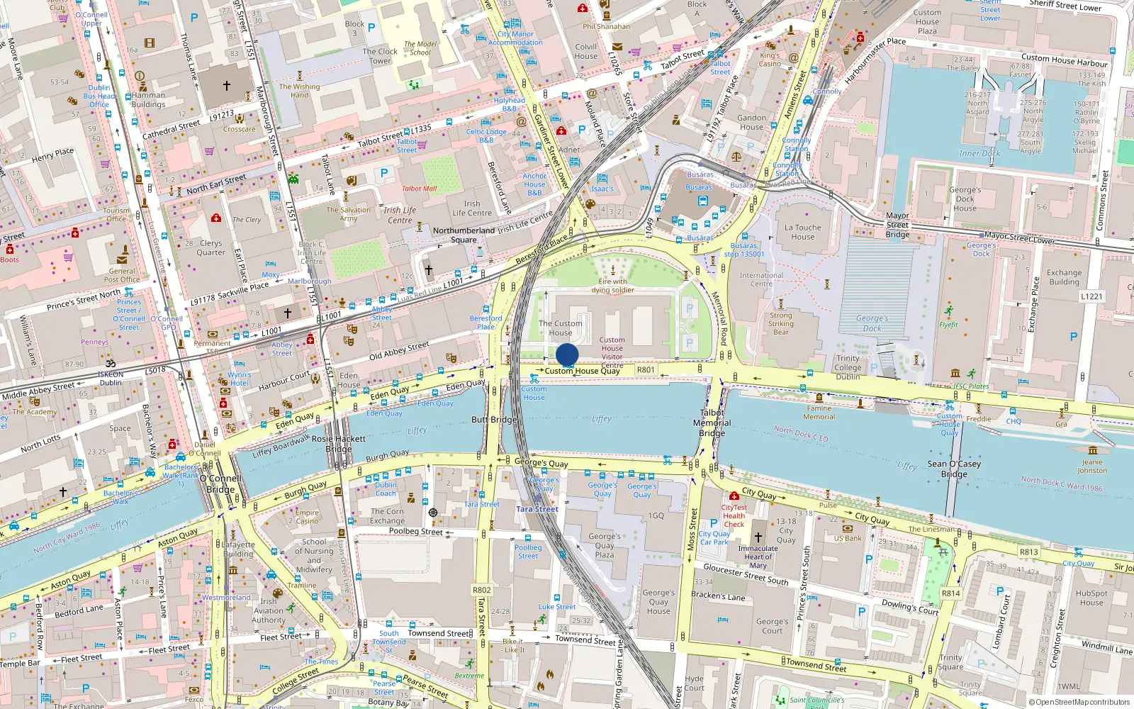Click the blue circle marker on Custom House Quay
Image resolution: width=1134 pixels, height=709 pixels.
[567, 354]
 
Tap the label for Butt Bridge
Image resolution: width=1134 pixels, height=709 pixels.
[494, 420]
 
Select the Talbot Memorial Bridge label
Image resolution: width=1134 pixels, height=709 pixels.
[712, 423]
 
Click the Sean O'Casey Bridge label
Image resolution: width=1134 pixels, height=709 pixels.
[954, 469]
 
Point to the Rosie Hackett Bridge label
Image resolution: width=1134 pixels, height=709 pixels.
[339, 444]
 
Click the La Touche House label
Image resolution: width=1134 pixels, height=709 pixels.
[802, 233]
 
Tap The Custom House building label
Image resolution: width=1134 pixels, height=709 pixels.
[560, 328]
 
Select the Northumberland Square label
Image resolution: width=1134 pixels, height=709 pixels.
[464, 235]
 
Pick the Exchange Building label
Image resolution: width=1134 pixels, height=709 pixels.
[1064, 277]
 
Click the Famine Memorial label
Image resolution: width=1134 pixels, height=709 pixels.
[819, 413]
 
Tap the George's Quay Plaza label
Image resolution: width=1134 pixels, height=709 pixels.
[604, 545]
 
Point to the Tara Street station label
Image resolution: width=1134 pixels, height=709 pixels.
[537, 509]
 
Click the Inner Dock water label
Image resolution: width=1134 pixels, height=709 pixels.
[979, 154]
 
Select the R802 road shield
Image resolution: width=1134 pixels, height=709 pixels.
[481, 590]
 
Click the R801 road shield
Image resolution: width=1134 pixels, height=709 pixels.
[646, 369]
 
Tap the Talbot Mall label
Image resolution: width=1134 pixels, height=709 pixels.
[419, 189]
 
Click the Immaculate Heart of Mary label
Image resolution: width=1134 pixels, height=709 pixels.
[758, 557]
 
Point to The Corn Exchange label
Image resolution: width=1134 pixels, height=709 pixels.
[387, 515]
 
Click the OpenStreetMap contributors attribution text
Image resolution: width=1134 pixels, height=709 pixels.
[1079, 703]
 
